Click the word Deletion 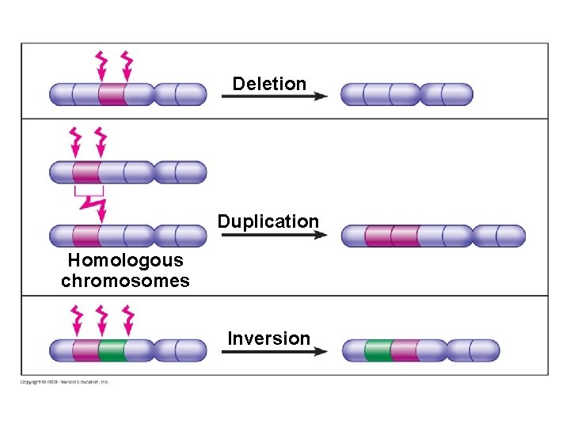point(269,84)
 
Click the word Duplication point(268,221)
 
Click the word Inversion point(268,338)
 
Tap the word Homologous point(125,260)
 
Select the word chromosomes point(125,281)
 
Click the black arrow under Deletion point(274,96)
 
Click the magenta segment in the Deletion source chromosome point(112,95)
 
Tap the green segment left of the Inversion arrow point(113,350)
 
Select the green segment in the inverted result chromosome point(378,350)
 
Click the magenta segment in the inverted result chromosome point(405,350)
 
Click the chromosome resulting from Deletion point(406,95)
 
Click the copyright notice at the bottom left point(65,382)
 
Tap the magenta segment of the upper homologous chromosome point(86,172)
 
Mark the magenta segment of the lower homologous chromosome point(86,236)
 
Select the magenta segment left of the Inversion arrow point(85,350)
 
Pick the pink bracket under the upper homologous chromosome point(89,191)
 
